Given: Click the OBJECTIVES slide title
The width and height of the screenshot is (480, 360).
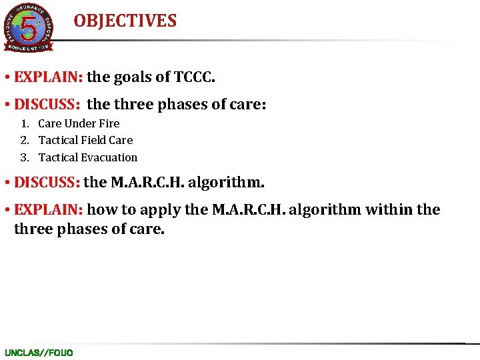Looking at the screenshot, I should (x=125, y=21).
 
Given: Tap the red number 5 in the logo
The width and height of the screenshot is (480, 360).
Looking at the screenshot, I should (x=29, y=28).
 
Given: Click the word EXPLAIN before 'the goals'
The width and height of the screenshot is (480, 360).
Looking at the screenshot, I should (x=48, y=77).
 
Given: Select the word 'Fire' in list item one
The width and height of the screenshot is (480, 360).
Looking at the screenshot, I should (x=109, y=123).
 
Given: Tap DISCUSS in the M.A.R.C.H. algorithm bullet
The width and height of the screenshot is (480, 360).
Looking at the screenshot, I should (x=47, y=182).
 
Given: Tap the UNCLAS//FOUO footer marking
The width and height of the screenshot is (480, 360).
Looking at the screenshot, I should (x=39, y=352).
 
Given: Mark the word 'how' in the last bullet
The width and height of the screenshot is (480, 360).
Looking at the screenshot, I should (x=101, y=210).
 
